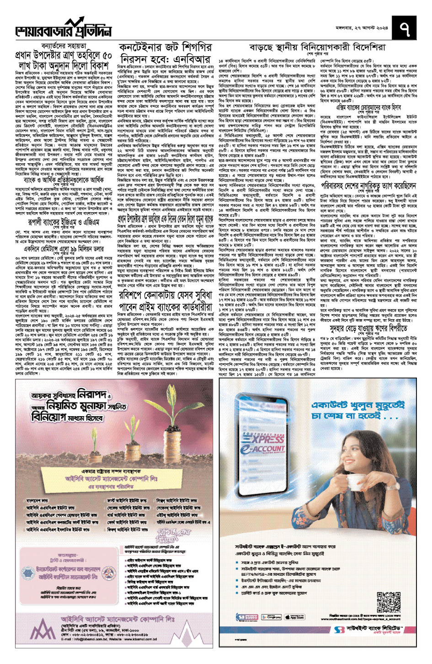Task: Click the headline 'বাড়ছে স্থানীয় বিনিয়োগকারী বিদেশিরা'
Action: click(317, 48)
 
